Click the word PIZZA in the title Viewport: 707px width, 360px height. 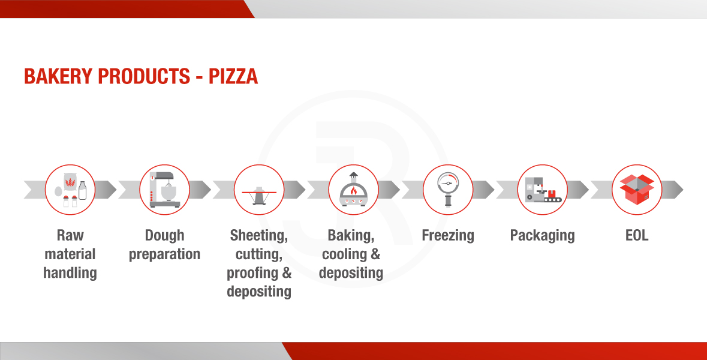(233, 76)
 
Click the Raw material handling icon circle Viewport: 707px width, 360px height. (70, 190)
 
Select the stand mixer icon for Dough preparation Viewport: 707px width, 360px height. (164, 190)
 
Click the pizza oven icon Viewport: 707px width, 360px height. (354, 190)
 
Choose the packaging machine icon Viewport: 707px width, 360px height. (543, 190)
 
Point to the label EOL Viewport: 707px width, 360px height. (637, 235)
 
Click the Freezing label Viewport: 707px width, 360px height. (448, 236)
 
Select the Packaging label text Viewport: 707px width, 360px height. (543, 236)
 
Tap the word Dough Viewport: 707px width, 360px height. (164, 236)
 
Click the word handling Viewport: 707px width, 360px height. (70, 273)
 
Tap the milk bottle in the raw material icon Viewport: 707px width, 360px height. (83, 190)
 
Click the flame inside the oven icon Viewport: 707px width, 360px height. (354, 190)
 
